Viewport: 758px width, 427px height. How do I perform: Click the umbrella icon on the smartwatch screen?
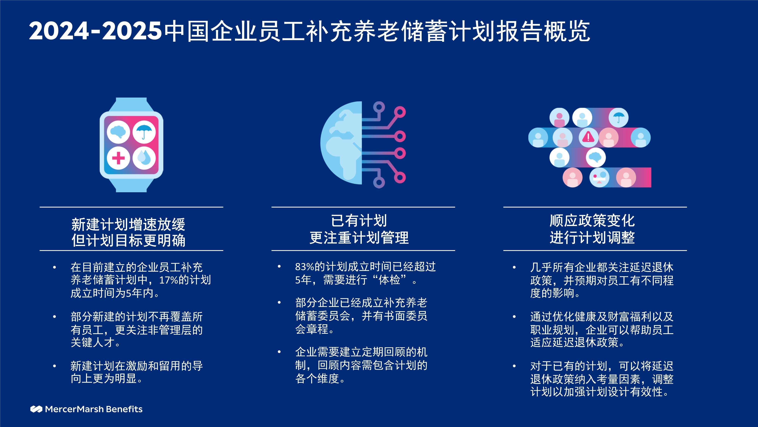click(144, 132)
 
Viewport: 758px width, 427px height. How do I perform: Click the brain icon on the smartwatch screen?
click(118, 132)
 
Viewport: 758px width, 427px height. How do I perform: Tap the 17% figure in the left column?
click(168, 280)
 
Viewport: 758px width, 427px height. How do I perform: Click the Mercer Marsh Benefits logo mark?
click(36, 409)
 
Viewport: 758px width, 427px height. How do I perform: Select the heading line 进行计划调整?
click(592, 238)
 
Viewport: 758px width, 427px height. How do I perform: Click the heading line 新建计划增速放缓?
click(128, 224)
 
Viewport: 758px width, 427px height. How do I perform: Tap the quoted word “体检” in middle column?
click(389, 280)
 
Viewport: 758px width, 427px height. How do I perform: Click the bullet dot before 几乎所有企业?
click(514, 267)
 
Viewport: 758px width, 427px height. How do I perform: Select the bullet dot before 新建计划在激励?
click(54, 366)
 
